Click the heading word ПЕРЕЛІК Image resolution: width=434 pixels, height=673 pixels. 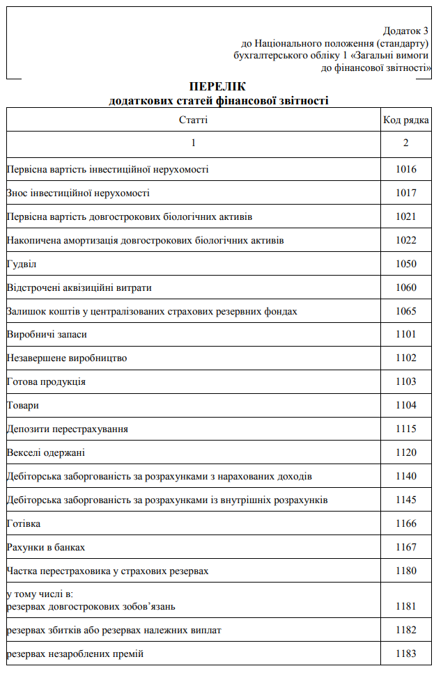(x=217, y=86)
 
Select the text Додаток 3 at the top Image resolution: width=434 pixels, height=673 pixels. (x=405, y=31)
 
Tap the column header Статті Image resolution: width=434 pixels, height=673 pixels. (x=193, y=120)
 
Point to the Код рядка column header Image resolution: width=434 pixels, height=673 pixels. (x=405, y=120)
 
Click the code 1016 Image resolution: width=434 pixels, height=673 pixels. (x=405, y=169)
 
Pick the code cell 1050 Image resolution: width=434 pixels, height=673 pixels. (x=405, y=264)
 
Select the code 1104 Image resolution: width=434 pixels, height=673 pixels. (x=405, y=405)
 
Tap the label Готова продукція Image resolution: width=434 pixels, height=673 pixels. (x=46, y=381)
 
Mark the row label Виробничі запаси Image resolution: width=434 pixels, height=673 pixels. (x=47, y=335)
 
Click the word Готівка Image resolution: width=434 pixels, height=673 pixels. (x=24, y=523)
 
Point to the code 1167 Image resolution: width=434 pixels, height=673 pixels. (x=405, y=547)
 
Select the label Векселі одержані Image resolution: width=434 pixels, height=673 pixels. (x=46, y=452)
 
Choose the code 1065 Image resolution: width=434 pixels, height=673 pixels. (x=405, y=311)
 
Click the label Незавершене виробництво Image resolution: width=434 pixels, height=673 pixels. (x=67, y=358)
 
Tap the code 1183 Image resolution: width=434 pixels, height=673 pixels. (x=405, y=654)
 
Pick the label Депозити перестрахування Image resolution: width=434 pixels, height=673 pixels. (x=67, y=429)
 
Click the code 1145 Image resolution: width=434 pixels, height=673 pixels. (x=405, y=500)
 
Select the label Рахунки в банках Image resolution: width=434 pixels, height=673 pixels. (x=46, y=547)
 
